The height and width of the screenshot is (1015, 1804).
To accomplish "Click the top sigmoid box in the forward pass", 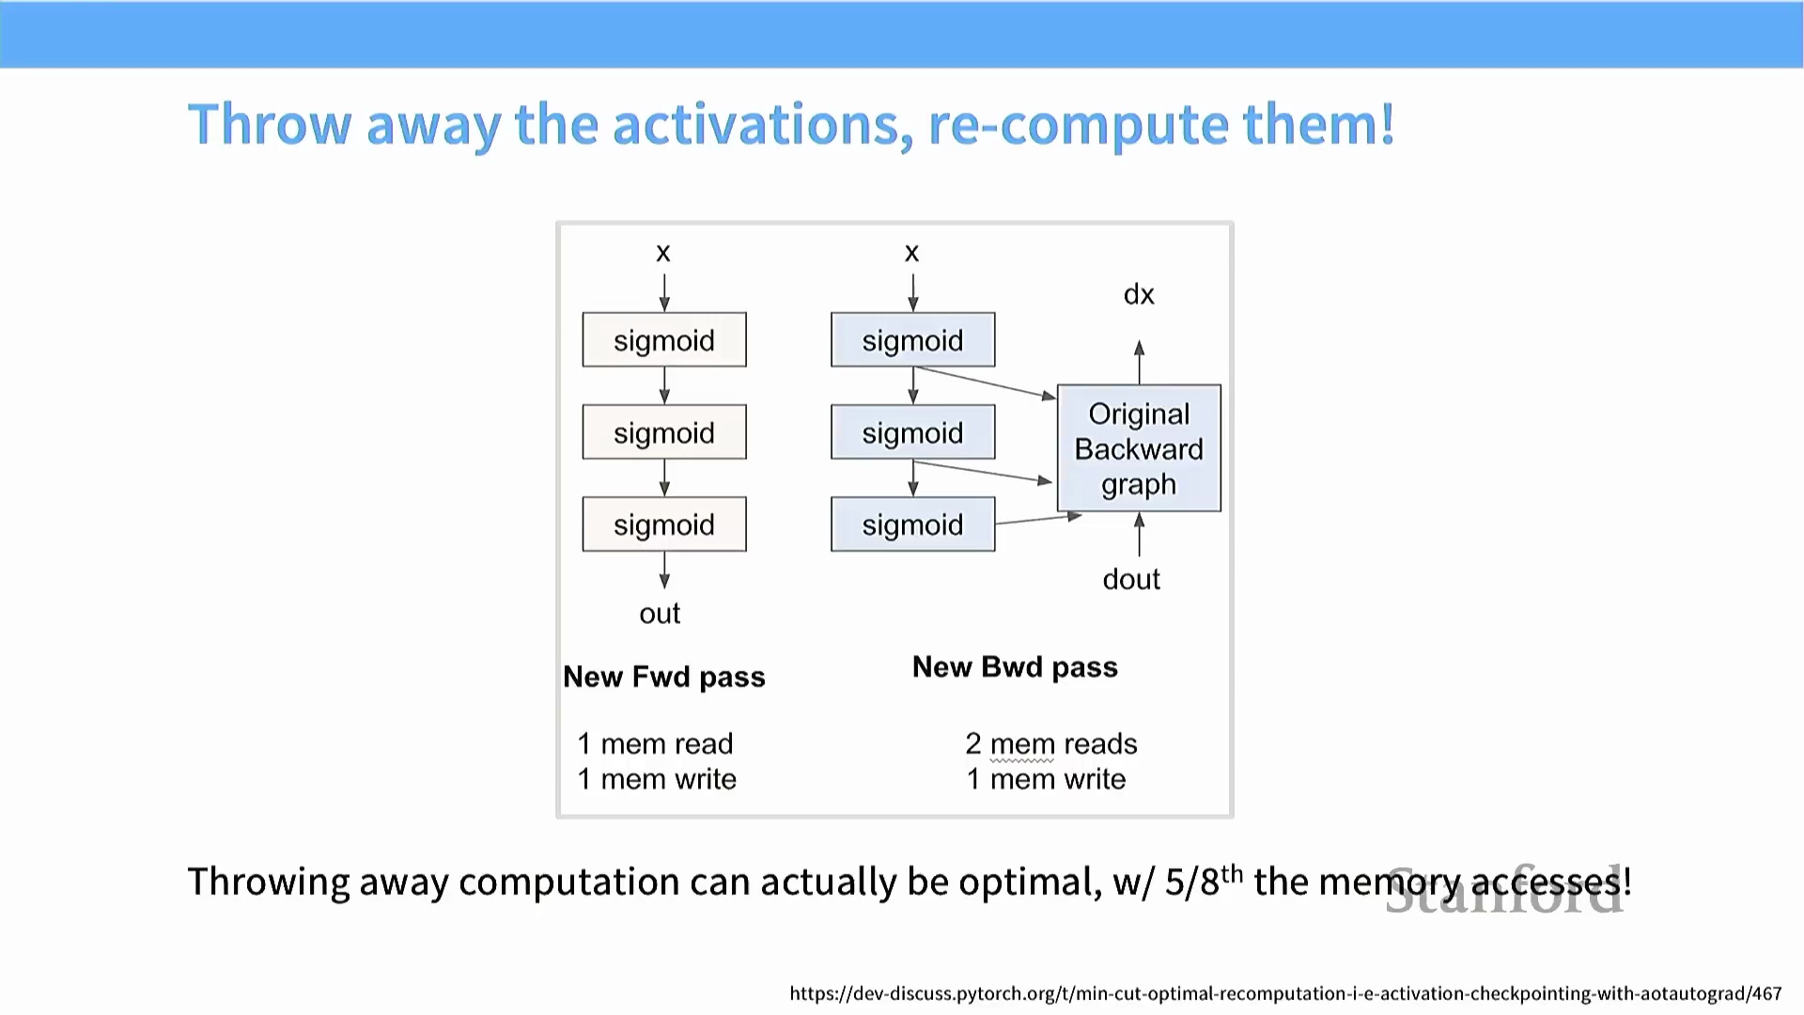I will tap(664, 340).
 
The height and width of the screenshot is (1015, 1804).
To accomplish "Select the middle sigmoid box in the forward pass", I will tap(664, 432).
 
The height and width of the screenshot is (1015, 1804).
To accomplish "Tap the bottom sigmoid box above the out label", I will tap(664, 524).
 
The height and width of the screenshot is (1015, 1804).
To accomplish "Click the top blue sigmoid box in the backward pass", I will tap(912, 340).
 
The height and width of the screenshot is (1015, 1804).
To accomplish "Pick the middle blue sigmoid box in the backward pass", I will tap(912, 432).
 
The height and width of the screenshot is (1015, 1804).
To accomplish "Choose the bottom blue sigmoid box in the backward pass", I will tap(912, 524).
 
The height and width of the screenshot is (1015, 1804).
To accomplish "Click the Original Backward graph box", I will tap(1139, 448).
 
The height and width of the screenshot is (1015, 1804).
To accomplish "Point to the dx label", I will tap(1139, 295).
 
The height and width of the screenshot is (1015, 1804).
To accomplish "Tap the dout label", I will tap(1131, 580).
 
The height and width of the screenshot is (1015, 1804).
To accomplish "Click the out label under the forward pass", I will tap(660, 614).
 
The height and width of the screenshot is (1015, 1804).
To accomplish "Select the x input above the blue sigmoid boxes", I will tap(911, 253).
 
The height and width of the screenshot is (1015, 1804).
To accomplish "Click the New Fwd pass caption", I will tap(664, 677).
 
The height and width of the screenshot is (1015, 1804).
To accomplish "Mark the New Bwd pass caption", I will tap(1015, 667).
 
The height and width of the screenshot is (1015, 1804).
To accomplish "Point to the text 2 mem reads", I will tap(1050, 744).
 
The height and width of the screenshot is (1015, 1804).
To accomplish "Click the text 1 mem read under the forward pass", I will tap(655, 744).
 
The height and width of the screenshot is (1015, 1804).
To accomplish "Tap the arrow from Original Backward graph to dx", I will tap(1139, 362).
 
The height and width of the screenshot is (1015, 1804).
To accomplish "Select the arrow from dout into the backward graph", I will tap(1139, 535).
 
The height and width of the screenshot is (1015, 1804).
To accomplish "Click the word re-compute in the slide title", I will tap(1077, 125).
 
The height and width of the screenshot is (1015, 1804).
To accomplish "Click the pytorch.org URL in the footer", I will tap(1285, 993).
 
